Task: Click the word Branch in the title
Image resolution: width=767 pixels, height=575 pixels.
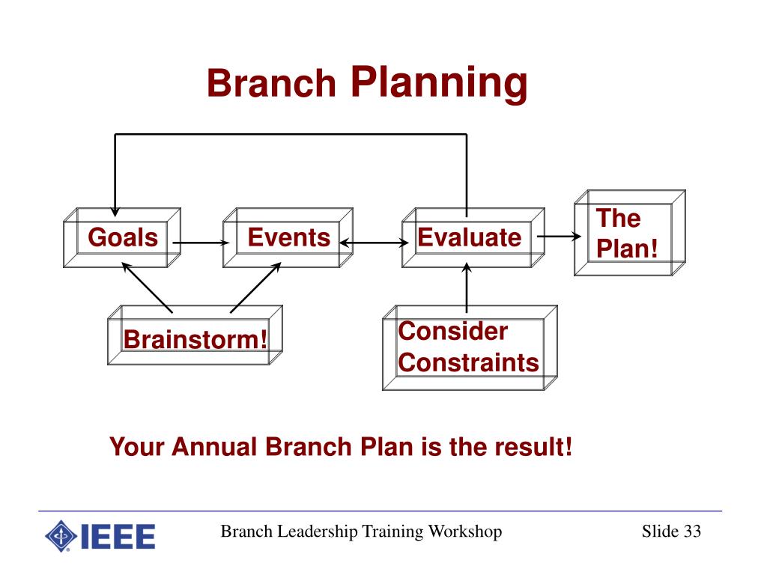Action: point(271,82)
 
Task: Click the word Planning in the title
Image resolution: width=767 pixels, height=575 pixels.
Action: point(439,84)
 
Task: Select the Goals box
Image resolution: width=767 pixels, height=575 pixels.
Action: point(122,237)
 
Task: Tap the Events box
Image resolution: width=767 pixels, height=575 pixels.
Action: point(288,237)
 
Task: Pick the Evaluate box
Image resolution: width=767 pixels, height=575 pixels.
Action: point(473,237)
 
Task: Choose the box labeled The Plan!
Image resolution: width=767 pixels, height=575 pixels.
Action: point(629,233)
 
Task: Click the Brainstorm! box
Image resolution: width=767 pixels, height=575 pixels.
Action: point(195,335)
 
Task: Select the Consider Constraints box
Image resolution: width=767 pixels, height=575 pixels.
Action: point(470,347)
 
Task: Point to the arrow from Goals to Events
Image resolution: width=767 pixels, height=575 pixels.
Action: point(201,243)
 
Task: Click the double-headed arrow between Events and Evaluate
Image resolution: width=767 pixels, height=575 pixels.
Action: point(374,243)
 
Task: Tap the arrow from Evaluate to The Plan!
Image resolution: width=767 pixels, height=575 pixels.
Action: point(559,237)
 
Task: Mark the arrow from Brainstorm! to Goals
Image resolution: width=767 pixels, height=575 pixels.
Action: point(147,288)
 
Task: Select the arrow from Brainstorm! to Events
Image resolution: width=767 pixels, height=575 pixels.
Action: point(255,288)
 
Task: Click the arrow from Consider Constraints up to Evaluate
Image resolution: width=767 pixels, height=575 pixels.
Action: point(467,288)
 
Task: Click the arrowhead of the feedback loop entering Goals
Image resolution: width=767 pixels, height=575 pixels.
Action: point(115,211)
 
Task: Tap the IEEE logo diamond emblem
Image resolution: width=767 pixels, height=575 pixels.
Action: point(61,536)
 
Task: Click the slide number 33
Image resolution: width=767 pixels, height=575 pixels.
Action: point(692,532)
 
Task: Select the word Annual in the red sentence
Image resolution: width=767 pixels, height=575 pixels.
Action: point(213,447)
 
